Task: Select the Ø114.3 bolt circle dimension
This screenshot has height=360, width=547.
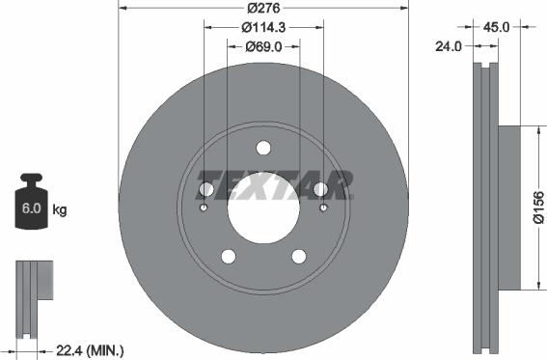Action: pyautogui.click(x=263, y=27)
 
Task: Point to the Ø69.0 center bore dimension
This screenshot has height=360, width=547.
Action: pyautogui.click(x=262, y=46)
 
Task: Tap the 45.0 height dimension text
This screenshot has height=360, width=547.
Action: pyautogui.click(x=498, y=27)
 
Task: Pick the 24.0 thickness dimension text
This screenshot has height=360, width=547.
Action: pyautogui.click(x=450, y=45)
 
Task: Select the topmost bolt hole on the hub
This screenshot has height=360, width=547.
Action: pyautogui.click(x=263, y=148)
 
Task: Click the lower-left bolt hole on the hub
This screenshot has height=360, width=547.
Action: pyautogui.click(x=229, y=256)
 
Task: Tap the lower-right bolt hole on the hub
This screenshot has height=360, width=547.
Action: pyautogui.click(x=298, y=256)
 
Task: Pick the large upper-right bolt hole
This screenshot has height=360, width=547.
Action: pyautogui.click(x=320, y=189)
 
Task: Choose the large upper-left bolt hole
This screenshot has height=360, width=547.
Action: pyautogui.click(x=206, y=189)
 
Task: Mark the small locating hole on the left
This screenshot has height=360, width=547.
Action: pyautogui.click(x=204, y=207)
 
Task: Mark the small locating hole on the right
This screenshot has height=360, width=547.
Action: pyautogui.click(x=323, y=207)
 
